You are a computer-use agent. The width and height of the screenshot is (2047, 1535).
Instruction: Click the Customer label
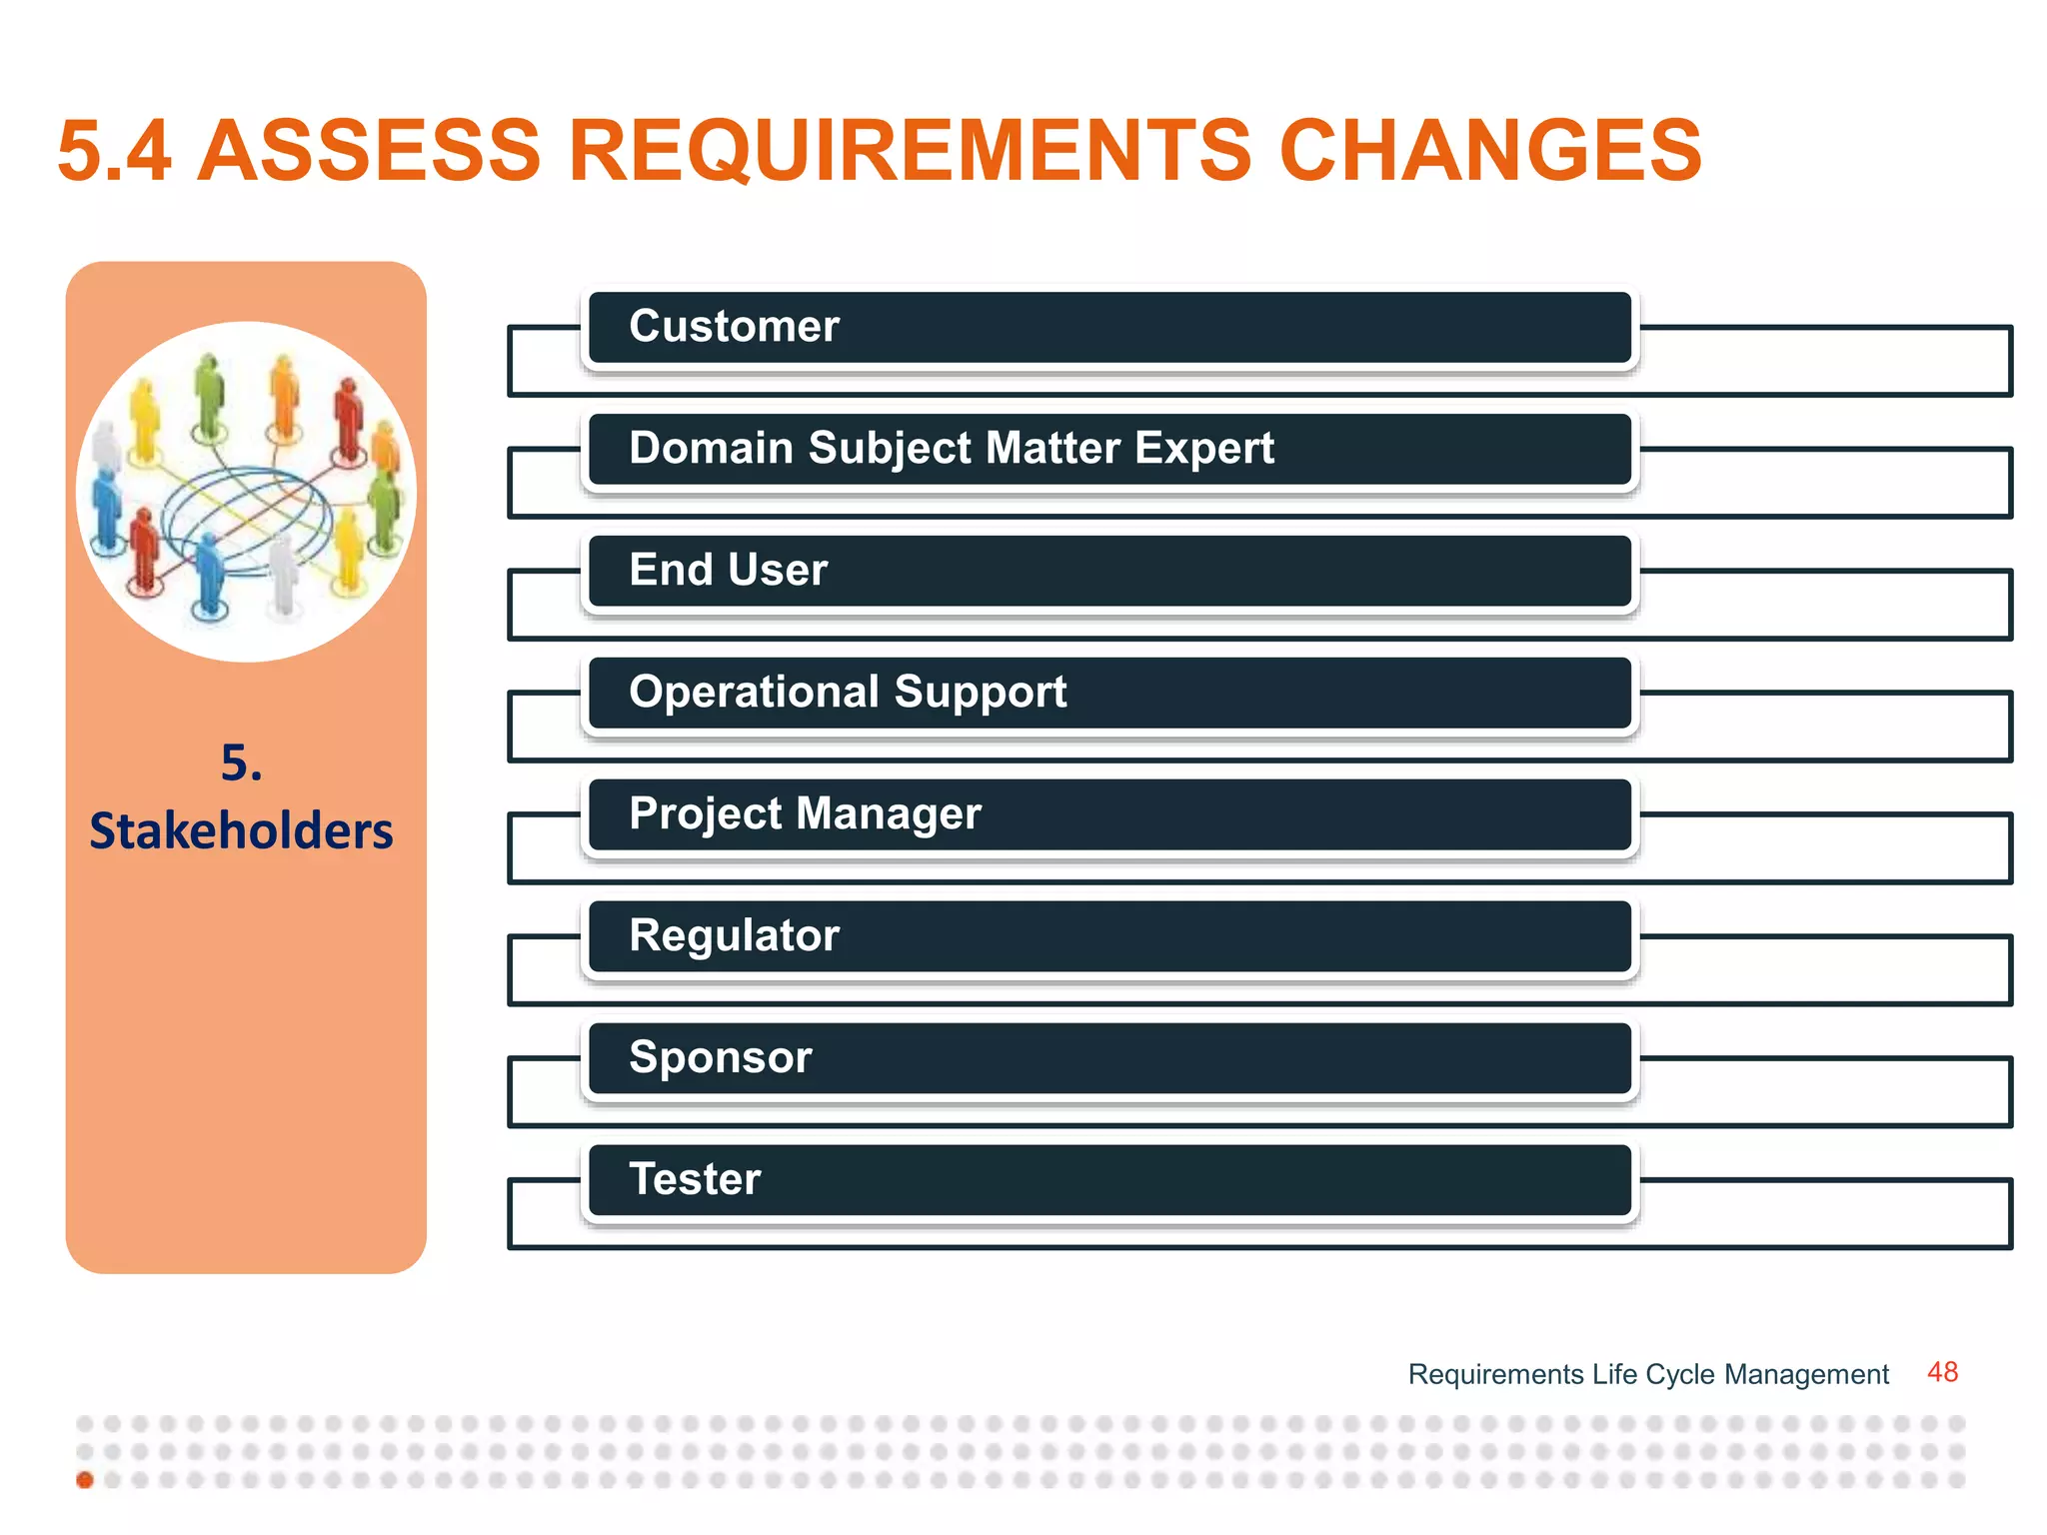point(734,327)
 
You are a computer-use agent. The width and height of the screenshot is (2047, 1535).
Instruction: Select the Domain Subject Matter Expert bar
point(1109,449)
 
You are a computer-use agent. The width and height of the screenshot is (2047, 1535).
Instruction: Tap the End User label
point(728,571)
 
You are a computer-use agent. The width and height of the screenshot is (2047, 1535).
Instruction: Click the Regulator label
point(734,936)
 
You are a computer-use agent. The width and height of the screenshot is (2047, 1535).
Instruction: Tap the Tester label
point(695,1180)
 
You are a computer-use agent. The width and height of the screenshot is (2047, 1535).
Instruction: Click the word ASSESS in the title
point(369,151)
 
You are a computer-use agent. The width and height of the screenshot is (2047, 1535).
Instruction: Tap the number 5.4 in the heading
point(114,151)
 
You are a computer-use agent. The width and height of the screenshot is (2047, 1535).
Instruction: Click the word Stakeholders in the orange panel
point(241,831)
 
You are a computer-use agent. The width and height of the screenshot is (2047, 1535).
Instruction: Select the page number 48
point(1942,1372)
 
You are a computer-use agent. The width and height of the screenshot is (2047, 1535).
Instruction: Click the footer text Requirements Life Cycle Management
point(1647,1375)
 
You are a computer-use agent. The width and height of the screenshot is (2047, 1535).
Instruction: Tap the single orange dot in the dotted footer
point(85,1480)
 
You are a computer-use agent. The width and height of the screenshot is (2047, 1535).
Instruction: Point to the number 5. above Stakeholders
point(241,764)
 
